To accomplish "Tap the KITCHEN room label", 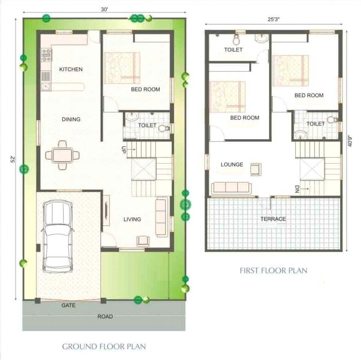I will pos(71,69).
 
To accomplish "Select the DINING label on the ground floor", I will pos(71,120).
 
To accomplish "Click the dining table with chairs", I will pos(62,155).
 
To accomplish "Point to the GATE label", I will pos(68,305).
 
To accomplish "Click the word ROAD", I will pos(105,317).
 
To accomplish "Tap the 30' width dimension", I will pos(104,10).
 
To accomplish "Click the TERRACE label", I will pos(273,219).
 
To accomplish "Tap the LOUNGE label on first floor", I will pos(232,164).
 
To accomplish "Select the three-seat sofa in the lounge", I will pos(231,188).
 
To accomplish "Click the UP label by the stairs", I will pos(124,150).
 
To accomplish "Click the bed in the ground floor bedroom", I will pos(122,68).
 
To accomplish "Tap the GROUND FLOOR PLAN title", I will pos(104,346).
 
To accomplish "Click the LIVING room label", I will pos(132,219).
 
